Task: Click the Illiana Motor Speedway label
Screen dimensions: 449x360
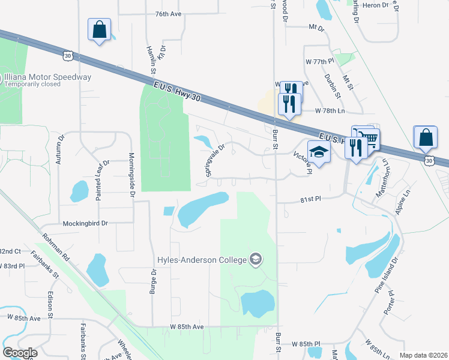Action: (x=48, y=77)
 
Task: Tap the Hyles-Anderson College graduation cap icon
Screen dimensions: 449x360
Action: (x=256, y=259)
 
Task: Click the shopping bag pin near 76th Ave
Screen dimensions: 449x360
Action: (x=99, y=29)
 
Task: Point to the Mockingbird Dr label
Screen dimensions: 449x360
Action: (x=85, y=223)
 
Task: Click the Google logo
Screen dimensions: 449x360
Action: (x=20, y=353)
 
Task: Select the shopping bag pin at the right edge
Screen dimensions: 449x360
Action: (x=425, y=137)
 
